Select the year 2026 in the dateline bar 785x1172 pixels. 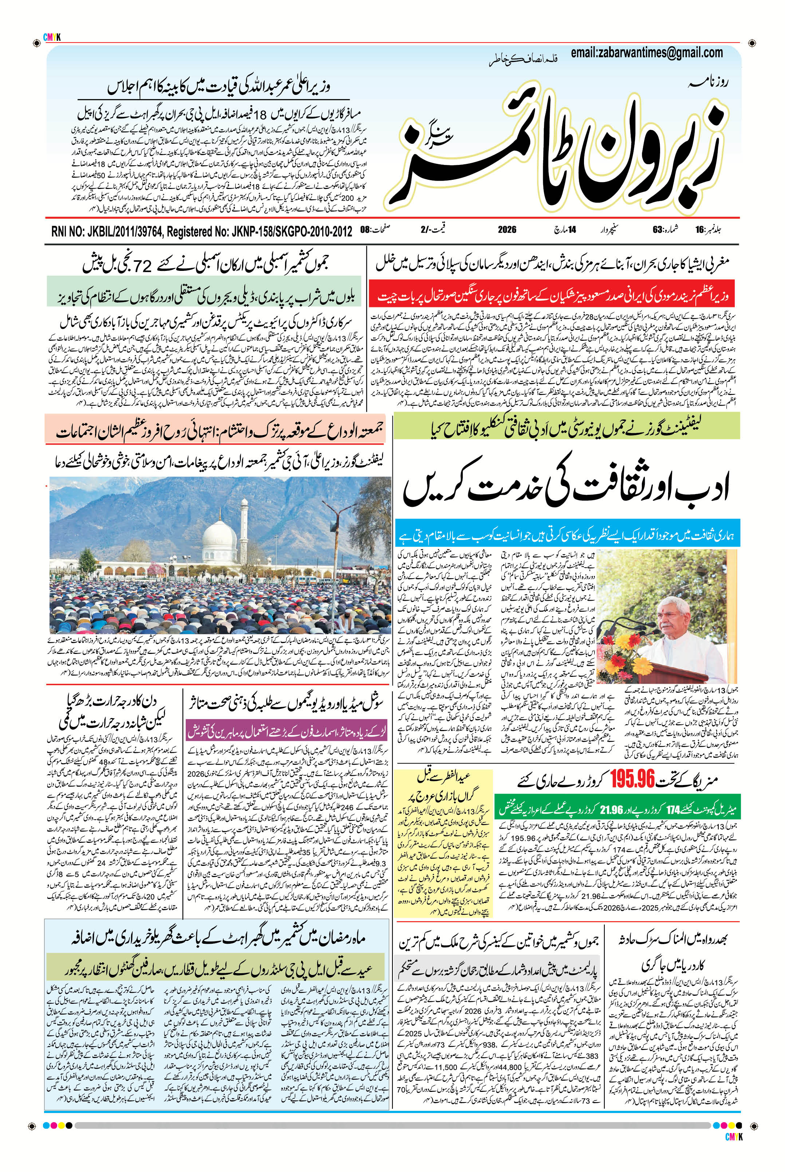pos(507,230)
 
